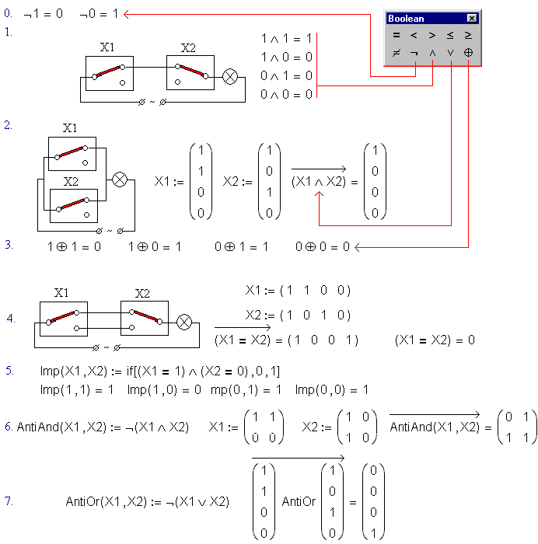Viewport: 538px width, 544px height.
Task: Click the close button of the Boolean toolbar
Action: click(471, 18)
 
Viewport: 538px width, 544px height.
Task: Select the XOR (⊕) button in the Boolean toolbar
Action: click(468, 53)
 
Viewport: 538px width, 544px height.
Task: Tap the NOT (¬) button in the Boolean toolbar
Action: click(414, 53)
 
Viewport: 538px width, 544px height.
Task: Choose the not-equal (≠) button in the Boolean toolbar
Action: click(396, 53)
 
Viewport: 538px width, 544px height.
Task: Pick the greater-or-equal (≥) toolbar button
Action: click(468, 35)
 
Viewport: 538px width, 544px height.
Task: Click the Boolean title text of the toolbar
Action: click(406, 19)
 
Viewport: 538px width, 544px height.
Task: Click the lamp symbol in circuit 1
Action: click(230, 77)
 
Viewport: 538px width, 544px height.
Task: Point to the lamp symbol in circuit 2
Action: click(120, 180)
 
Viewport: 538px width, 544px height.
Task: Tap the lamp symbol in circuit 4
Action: click(184, 322)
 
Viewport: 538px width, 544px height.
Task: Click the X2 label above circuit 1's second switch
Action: click(188, 48)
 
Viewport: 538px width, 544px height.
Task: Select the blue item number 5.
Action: click(9, 371)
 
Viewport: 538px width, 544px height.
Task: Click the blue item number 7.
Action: click(9, 501)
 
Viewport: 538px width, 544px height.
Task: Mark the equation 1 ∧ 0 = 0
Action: click(287, 57)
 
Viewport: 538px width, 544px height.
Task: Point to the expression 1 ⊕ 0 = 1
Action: click(155, 246)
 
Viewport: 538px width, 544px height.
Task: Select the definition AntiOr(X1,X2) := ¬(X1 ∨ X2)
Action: click(148, 502)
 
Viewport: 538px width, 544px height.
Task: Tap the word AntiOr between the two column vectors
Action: click(299, 501)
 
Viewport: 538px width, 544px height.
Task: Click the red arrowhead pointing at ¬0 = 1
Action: click(126, 14)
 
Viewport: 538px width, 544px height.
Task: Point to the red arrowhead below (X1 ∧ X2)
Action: click(319, 194)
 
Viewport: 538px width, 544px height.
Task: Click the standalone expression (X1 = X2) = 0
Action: click(435, 340)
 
